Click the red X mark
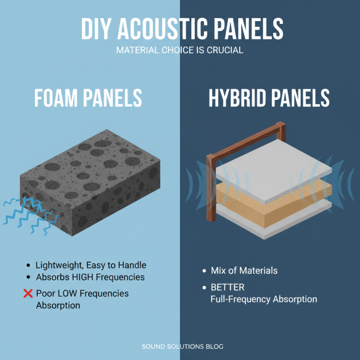[x=28, y=294]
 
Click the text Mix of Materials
[x=244, y=270]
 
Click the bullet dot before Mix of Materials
[x=204, y=271]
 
